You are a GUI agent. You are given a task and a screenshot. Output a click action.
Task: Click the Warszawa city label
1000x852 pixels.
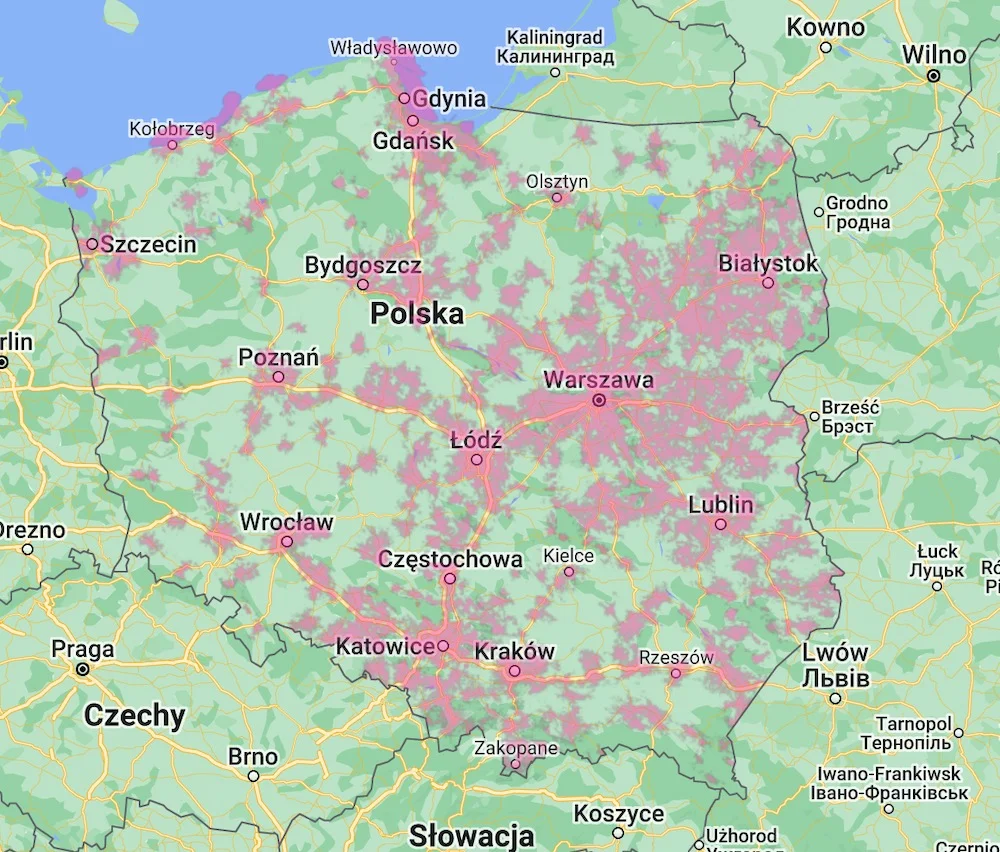click(598, 380)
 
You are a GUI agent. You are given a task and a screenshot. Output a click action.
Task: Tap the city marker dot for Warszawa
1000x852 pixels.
click(599, 400)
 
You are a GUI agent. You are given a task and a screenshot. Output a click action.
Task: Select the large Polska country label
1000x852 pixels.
click(417, 314)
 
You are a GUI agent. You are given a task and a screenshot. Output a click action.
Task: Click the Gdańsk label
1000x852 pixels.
click(413, 141)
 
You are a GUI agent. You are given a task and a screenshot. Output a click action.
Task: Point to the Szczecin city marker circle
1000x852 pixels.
click(92, 244)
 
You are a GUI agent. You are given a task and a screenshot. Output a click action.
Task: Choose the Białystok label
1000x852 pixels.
click(768, 264)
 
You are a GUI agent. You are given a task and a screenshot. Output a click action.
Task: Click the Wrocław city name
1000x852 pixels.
click(286, 522)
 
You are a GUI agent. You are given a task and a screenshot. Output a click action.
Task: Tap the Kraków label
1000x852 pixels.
click(514, 651)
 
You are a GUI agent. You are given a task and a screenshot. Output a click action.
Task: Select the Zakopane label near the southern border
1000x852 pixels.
click(516, 748)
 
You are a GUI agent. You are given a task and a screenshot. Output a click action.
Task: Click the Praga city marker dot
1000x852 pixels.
click(82, 669)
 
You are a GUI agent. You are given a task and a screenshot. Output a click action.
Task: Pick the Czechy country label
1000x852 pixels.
click(135, 716)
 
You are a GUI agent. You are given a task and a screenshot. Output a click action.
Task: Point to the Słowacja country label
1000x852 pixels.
click(471, 835)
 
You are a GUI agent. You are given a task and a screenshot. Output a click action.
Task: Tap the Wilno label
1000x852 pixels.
click(934, 55)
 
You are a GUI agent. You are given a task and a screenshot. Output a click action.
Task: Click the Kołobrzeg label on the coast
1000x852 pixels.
click(172, 129)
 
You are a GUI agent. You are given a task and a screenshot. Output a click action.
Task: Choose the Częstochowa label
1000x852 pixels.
click(450, 559)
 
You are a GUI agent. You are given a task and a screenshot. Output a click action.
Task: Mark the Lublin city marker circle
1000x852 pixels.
click(720, 524)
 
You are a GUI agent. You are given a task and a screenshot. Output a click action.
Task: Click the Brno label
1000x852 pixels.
click(253, 756)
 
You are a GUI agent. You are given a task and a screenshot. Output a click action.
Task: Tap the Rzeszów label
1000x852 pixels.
click(676, 657)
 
